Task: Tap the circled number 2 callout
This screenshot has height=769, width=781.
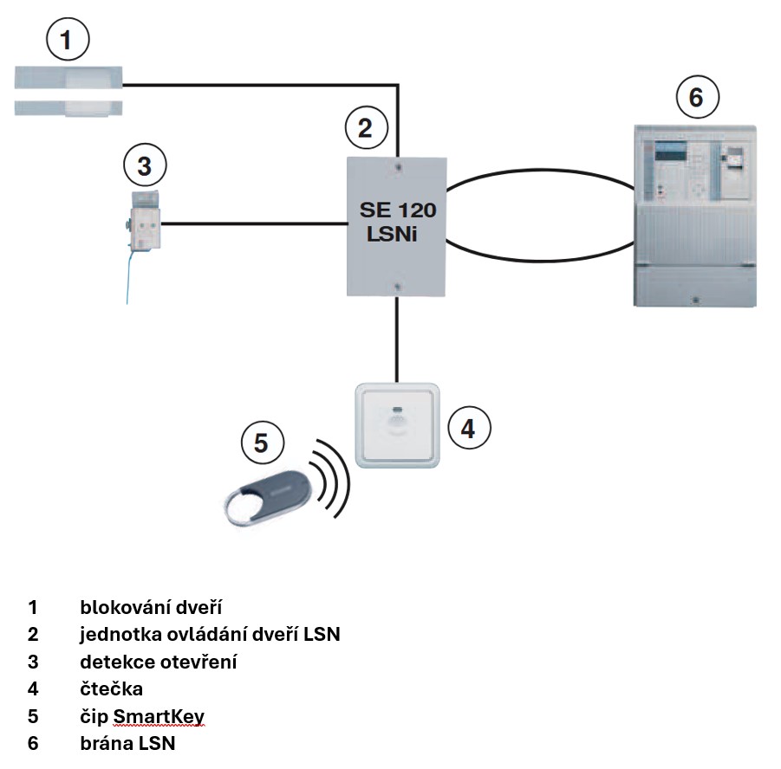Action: click(365, 128)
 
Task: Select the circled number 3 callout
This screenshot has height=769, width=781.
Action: click(145, 164)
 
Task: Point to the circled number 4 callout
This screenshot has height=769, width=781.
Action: click(468, 428)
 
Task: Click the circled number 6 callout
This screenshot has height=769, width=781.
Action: click(696, 98)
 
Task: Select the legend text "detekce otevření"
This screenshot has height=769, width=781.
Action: click(158, 662)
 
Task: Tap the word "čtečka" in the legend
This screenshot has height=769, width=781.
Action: click(111, 689)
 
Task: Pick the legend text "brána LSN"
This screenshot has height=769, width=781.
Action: click(127, 744)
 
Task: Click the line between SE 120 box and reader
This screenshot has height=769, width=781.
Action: click(397, 339)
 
